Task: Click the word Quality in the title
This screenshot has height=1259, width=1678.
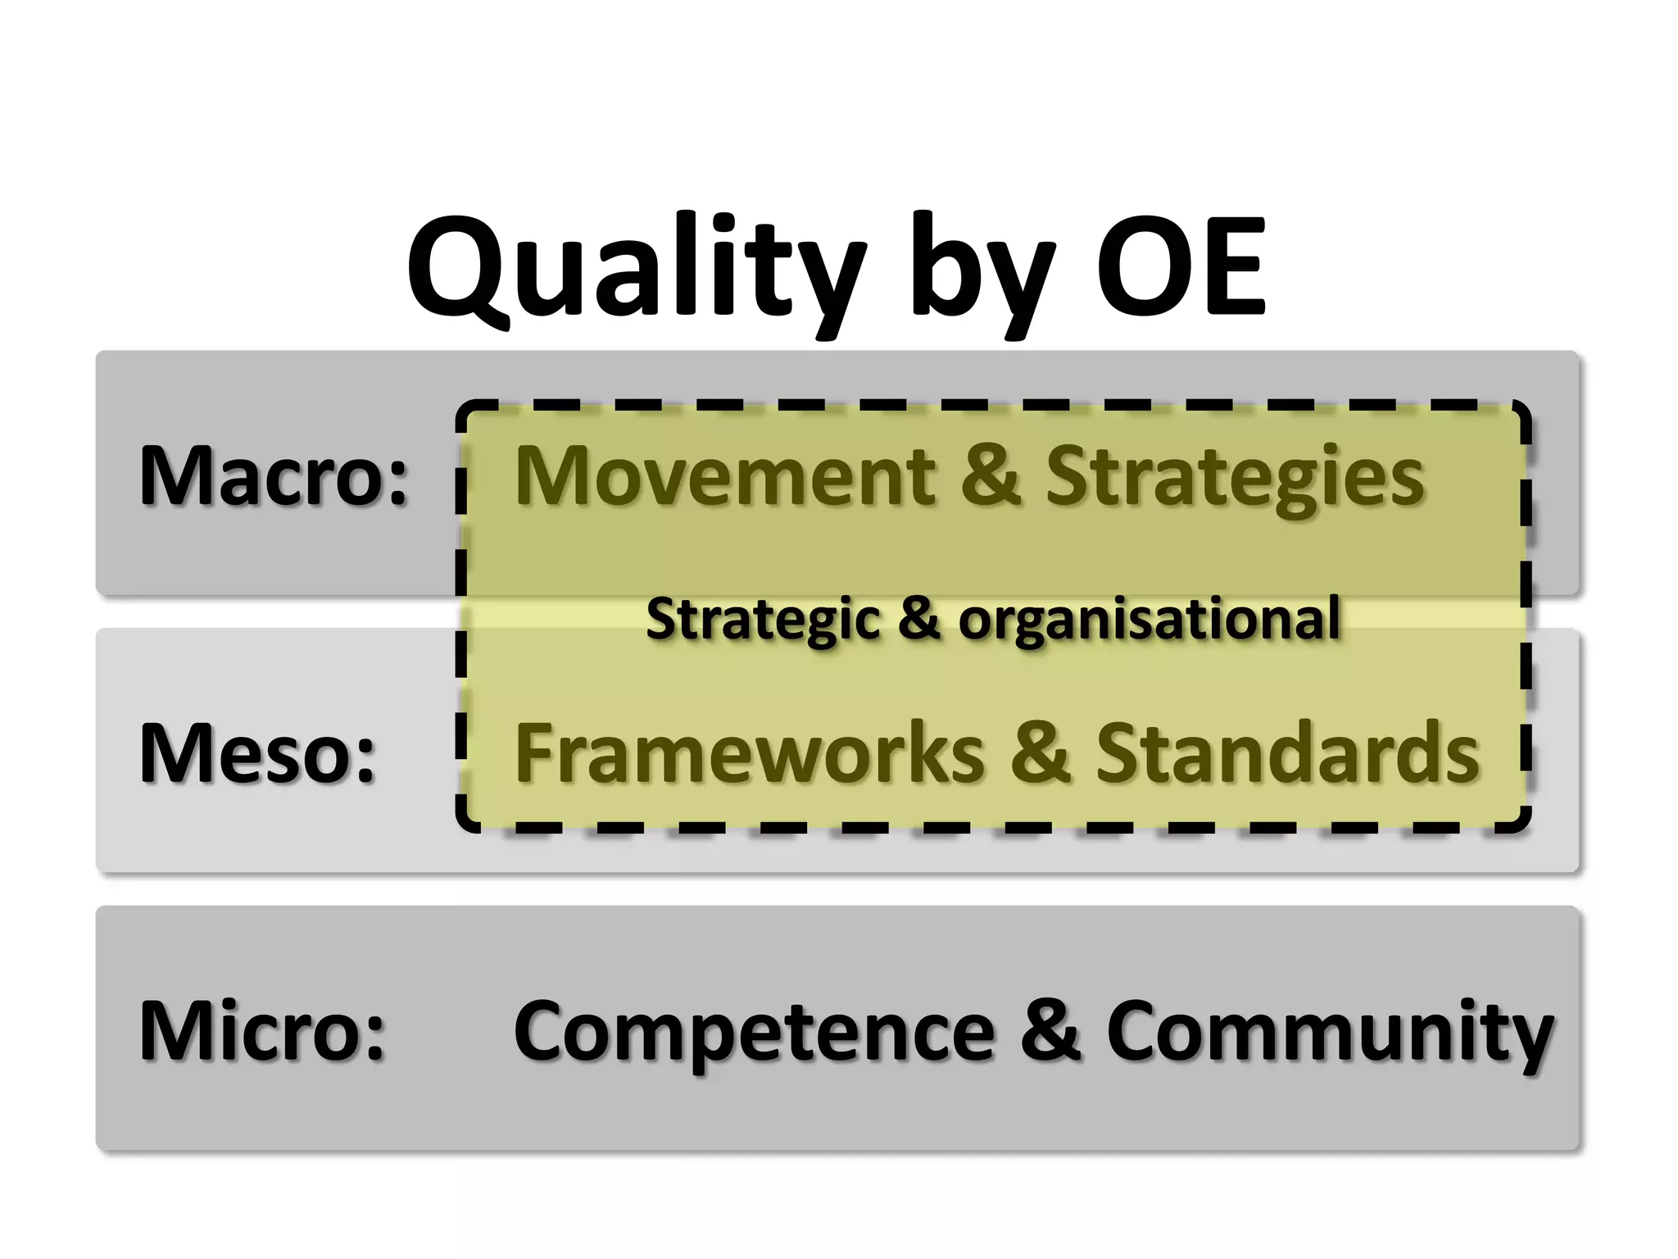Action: [x=635, y=266]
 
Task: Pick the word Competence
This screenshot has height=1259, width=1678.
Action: [x=754, y=1032]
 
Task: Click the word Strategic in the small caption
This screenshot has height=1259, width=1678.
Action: [x=762, y=619]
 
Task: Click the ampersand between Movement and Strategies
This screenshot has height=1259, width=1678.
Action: [x=991, y=475]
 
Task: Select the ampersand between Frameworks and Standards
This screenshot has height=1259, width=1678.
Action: [x=1040, y=752]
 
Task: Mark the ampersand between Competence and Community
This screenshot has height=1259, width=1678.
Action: [x=1050, y=1030]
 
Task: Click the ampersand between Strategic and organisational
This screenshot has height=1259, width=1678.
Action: [x=918, y=618]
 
